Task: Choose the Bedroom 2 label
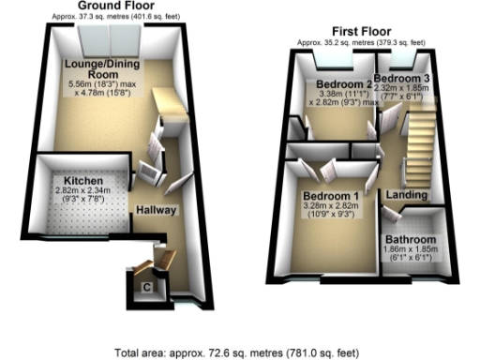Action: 335,82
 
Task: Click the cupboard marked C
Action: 146,285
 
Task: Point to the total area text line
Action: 239,352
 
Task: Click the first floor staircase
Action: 418,141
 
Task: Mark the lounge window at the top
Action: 111,37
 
